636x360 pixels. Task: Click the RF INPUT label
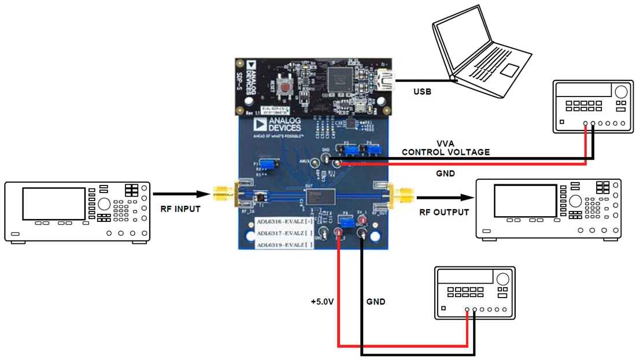pyautogui.click(x=179, y=209)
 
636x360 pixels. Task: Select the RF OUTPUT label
pyautogui.click(x=443, y=212)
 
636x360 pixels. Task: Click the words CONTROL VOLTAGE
pyautogui.click(x=446, y=152)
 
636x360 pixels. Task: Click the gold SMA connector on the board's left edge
pyautogui.click(x=223, y=195)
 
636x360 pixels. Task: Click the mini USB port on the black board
pyautogui.click(x=384, y=80)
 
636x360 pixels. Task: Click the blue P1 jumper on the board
pyautogui.click(x=267, y=165)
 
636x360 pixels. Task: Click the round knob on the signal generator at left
pyautogui.click(x=105, y=204)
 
